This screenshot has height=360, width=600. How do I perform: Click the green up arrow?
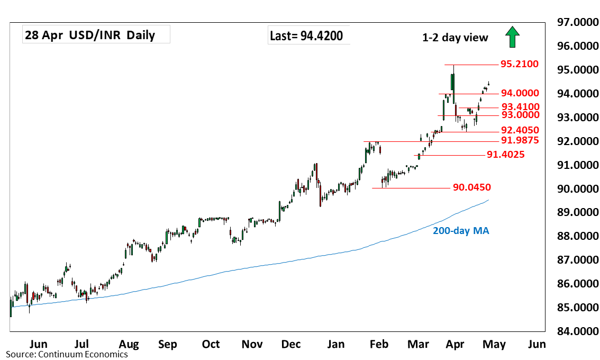[512, 38]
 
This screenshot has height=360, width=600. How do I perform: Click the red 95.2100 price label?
[520, 65]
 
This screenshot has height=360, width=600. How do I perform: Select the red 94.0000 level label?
[520, 93]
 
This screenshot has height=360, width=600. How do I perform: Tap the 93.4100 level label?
[520, 106]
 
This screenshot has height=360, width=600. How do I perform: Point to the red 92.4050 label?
[520, 130]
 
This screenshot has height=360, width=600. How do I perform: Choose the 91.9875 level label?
[520, 141]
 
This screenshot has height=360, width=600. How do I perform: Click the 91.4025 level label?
[505, 155]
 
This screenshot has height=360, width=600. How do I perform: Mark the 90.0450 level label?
[472, 187]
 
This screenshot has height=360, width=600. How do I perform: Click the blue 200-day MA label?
[461, 231]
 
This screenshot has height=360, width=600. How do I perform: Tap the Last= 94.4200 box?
[306, 36]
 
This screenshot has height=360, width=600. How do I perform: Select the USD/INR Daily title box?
[96, 35]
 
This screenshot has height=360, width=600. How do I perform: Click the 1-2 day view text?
[455, 38]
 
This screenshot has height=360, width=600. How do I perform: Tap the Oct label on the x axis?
[211, 345]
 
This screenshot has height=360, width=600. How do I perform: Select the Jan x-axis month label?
[337, 345]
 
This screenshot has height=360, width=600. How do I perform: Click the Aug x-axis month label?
[129, 345]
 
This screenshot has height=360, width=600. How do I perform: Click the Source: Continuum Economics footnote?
[67, 354]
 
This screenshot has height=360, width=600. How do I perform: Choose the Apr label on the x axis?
[456, 345]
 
